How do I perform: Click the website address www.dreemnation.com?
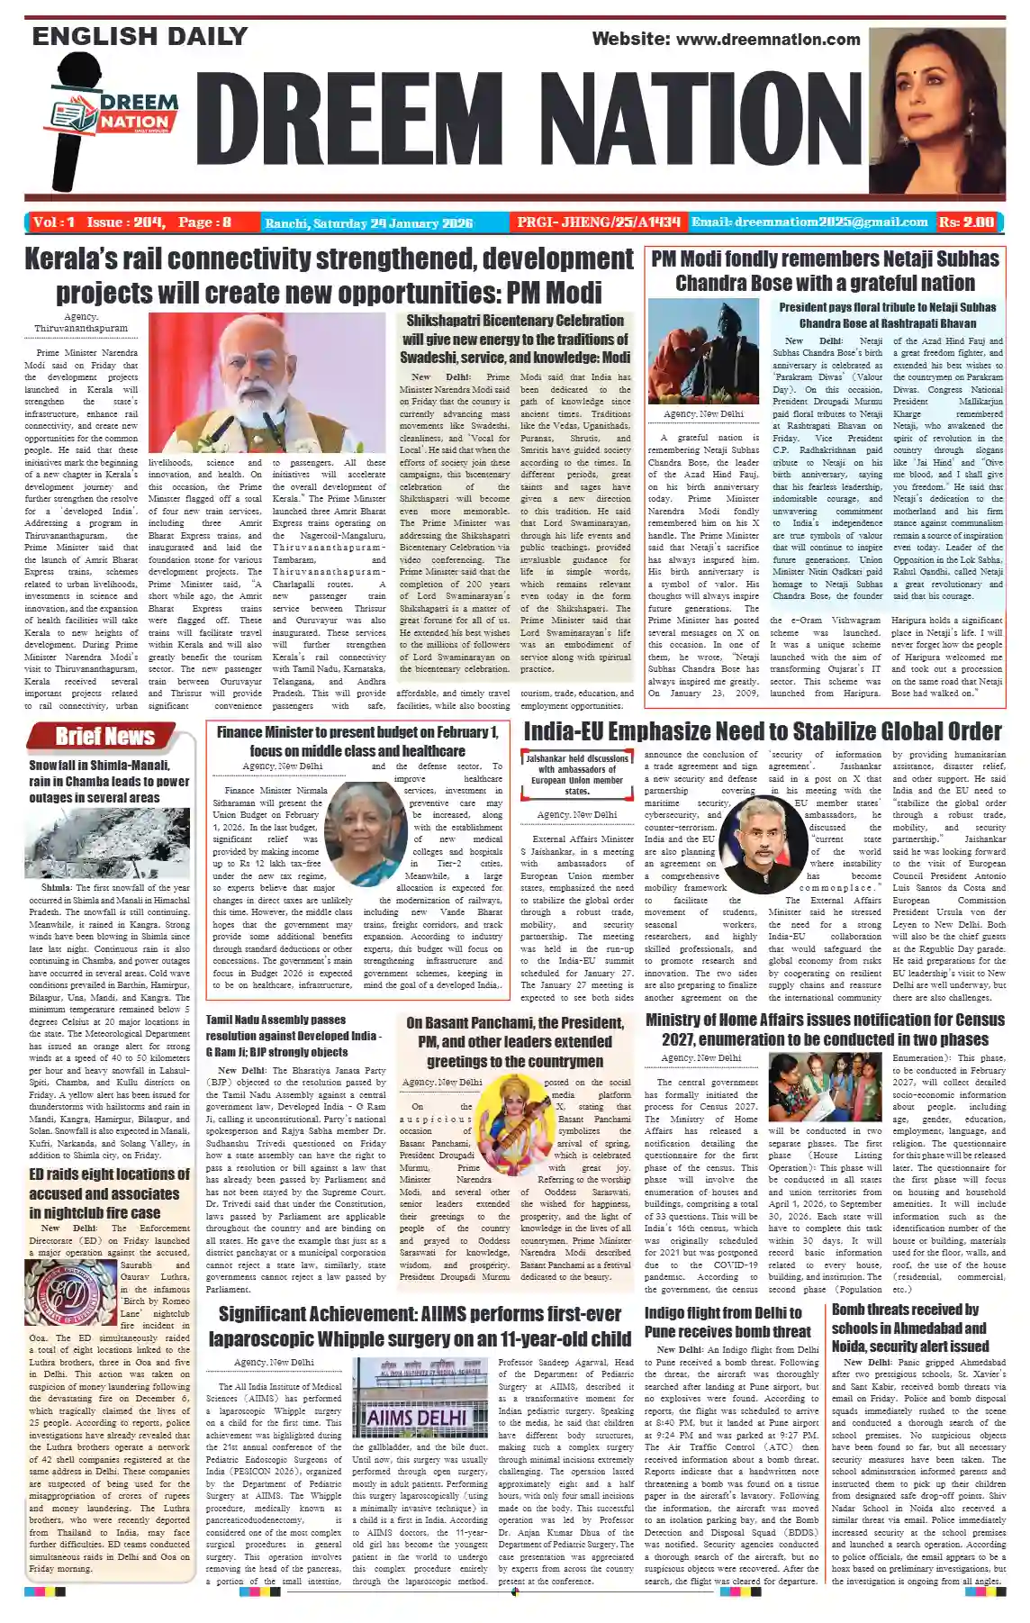tap(726, 39)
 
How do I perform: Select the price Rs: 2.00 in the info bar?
tap(967, 222)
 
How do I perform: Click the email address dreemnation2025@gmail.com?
tap(809, 222)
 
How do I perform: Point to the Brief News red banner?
tap(105, 737)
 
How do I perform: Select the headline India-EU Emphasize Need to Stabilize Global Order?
tap(762, 731)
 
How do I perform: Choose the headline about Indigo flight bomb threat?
tap(727, 1321)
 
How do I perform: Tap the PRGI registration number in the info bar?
tap(598, 222)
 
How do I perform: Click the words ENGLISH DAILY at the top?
tap(140, 37)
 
